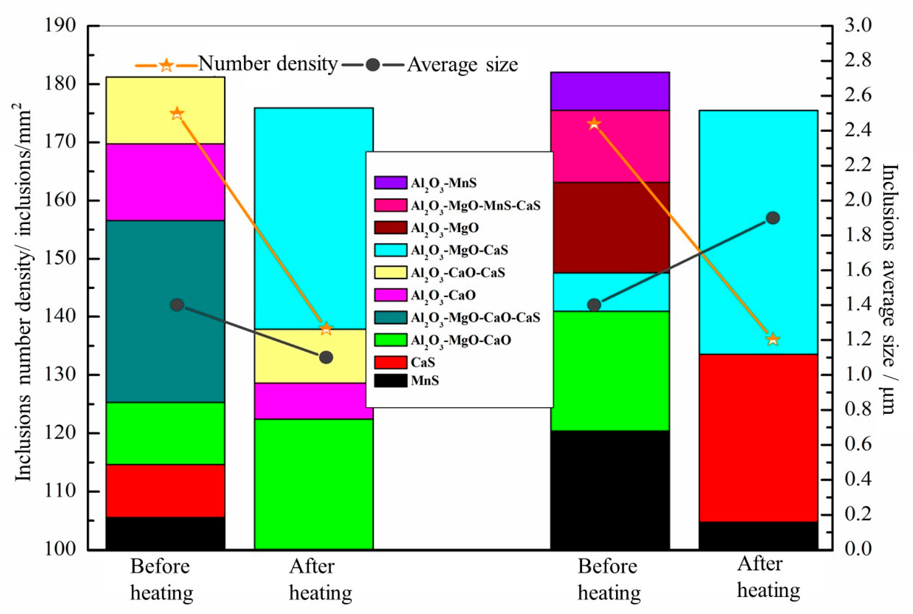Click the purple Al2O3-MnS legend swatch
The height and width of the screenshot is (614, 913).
[x=390, y=183]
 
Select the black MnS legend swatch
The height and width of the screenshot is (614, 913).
[x=390, y=380]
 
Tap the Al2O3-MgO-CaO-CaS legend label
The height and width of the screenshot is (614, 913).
[x=475, y=318]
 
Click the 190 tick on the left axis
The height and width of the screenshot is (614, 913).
[x=60, y=25]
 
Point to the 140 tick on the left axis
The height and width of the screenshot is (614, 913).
[x=60, y=316]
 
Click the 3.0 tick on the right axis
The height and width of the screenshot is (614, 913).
[x=858, y=25]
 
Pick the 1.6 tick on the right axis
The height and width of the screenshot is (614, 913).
[x=858, y=269]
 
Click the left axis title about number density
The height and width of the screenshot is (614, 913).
[x=23, y=292]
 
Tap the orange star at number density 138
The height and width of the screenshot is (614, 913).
[x=326, y=329]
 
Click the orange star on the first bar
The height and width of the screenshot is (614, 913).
[x=176, y=114]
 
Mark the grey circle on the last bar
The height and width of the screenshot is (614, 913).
[x=773, y=218]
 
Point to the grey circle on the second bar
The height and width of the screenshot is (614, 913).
[x=326, y=357]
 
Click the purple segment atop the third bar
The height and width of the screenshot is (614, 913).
[x=609, y=91]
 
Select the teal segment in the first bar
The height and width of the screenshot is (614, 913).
[x=165, y=311]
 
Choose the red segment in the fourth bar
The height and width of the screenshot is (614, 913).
[x=758, y=438]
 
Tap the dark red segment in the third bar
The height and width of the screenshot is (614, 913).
[x=609, y=227]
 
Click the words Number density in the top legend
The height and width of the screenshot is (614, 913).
[x=268, y=64]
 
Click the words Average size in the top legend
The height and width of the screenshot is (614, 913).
[x=462, y=65]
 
